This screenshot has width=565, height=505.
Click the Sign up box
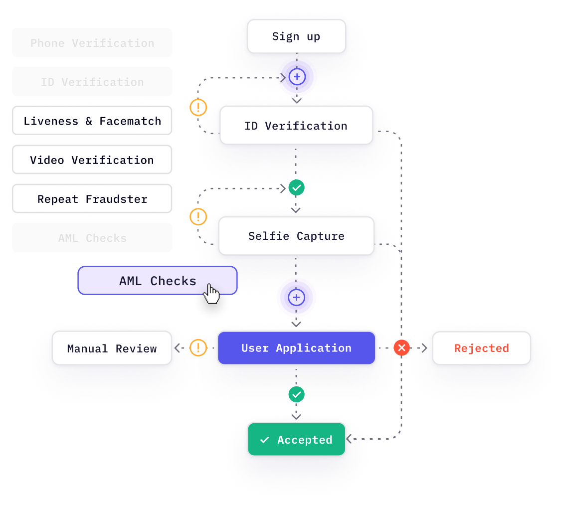pyautogui.click(x=296, y=36)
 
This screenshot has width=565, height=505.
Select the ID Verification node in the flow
pyautogui.click(x=296, y=126)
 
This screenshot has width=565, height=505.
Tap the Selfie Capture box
pyautogui.click(x=296, y=236)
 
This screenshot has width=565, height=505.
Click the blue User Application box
pyautogui.click(x=296, y=348)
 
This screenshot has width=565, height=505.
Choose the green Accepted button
pyautogui.click(x=296, y=440)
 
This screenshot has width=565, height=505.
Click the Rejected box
pyautogui.click(x=481, y=348)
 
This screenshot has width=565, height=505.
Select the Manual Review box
pyautogui.click(x=112, y=348)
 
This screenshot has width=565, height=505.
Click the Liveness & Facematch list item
pyautogui.click(x=92, y=121)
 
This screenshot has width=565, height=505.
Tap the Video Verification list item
pyautogui.click(x=92, y=160)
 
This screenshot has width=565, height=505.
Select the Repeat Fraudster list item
pyautogui.click(x=92, y=199)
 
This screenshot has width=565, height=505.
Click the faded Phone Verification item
pyautogui.click(x=92, y=43)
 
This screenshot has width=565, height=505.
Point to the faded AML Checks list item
pyautogui.click(x=92, y=238)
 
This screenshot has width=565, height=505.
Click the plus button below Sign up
pyautogui.click(x=297, y=77)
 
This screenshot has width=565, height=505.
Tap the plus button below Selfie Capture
pyautogui.click(x=297, y=298)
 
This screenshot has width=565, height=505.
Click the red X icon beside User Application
pyautogui.click(x=401, y=348)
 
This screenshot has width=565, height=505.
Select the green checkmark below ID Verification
pyautogui.click(x=297, y=187)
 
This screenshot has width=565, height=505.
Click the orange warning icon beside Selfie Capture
pyautogui.click(x=198, y=217)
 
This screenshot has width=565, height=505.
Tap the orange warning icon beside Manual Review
pyautogui.click(x=198, y=347)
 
